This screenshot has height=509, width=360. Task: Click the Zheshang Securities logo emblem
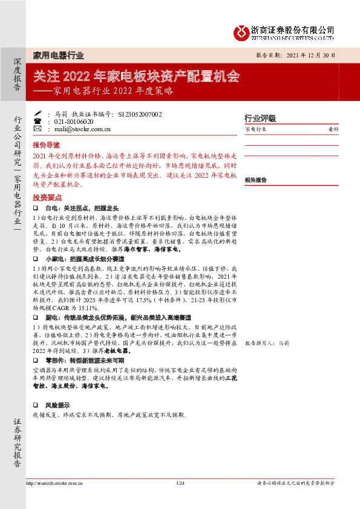[x=242, y=30]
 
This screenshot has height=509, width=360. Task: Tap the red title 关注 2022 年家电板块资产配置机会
[x=136, y=77]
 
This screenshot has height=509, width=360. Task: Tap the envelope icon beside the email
[x=38, y=129]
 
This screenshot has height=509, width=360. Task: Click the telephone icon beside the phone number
[x=38, y=121]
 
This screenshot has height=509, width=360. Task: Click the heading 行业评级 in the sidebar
[x=260, y=118]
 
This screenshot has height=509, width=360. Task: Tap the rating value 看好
[x=333, y=129]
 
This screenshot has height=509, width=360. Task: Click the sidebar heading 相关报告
[x=256, y=180]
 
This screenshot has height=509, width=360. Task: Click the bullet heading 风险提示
[x=58, y=405]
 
